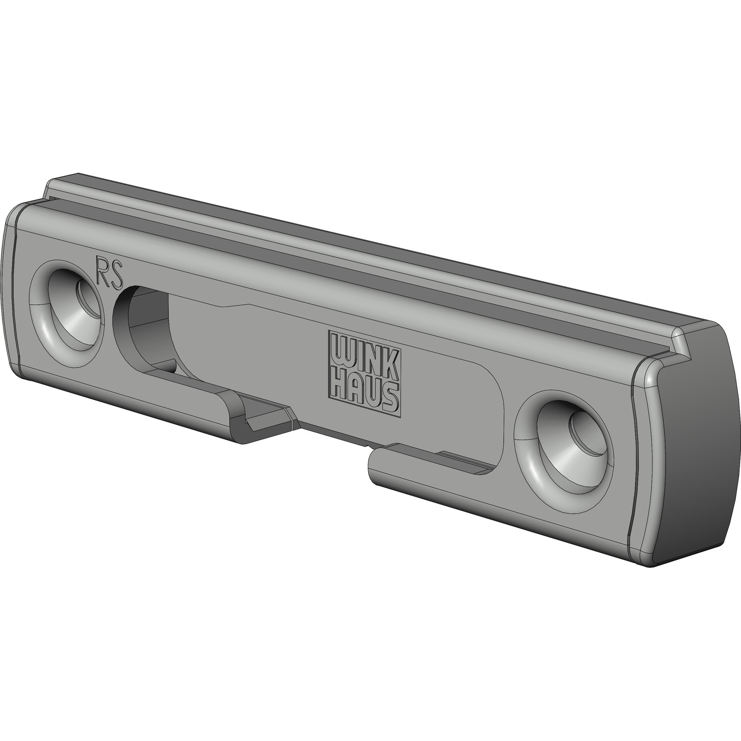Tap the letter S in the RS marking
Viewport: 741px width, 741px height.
pyautogui.click(x=117, y=275)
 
